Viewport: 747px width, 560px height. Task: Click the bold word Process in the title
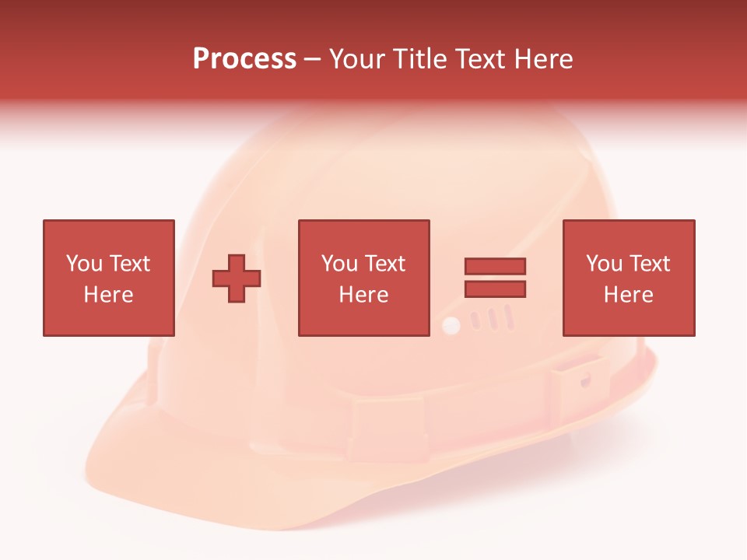click(244, 59)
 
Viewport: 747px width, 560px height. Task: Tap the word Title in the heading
click(421, 59)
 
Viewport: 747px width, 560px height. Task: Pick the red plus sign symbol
click(237, 278)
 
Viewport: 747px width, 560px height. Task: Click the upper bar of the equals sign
click(495, 267)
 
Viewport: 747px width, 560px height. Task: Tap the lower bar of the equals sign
click(495, 289)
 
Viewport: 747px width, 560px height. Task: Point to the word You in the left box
click(84, 264)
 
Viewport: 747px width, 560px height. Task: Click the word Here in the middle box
click(363, 295)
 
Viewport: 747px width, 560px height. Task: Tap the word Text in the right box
click(650, 264)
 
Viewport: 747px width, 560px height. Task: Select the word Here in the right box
click(628, 295)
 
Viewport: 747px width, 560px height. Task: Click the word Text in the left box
click(129, 264)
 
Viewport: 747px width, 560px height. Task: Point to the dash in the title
click(313, 60)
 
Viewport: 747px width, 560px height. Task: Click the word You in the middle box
click(339, 264)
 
